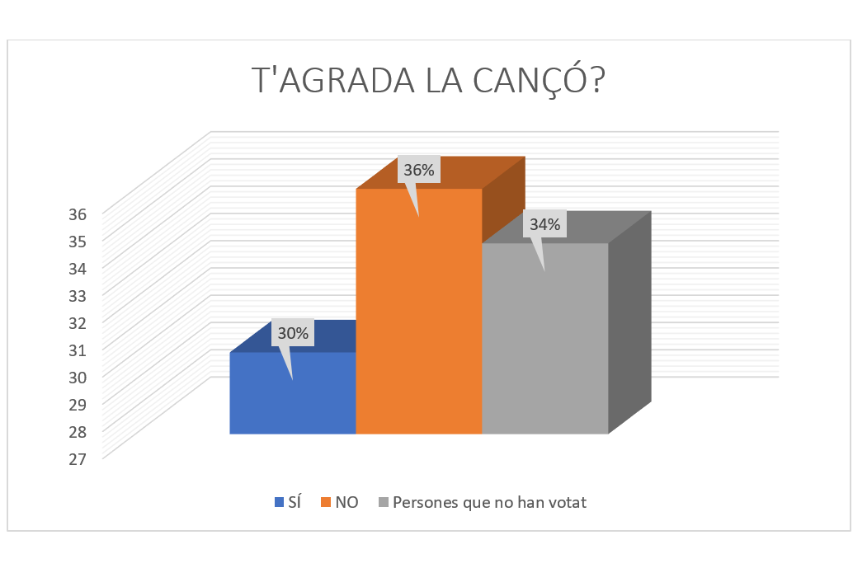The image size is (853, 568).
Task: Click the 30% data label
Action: point(293,334)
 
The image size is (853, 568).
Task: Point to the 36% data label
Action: point(419,171)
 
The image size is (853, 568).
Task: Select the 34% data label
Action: point(545,224)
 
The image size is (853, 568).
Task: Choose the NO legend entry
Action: point(346,502)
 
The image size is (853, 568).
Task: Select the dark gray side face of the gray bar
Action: point(629,322)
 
